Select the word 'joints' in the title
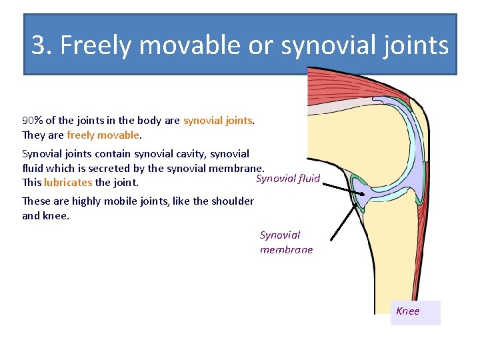[x=417, y=45]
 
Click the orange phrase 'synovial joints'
[x=218, y=121]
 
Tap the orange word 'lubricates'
[x=68, y=182]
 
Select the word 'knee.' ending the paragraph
[x=55, y=215]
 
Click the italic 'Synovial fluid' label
[x=288, y=179]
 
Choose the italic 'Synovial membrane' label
[x=286, y=242]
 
